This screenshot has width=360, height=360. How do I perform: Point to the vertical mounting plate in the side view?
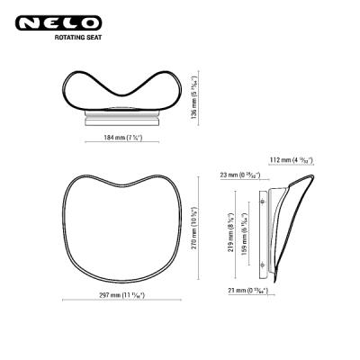(263, 231)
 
